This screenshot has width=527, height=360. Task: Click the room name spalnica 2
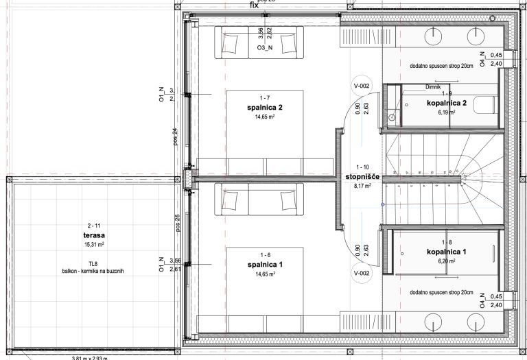[x=260, y=108]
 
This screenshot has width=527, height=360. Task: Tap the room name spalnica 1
[x=260, y=264]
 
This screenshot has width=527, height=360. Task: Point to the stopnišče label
[x=363, y=176]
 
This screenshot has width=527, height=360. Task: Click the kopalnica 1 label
[x=446, y=252]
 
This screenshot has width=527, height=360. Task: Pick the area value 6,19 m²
[x=446, y=112]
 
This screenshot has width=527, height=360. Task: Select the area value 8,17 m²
[x=363, y=185]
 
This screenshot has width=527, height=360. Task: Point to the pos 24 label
[x=174, y=138]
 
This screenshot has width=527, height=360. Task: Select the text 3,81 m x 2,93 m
[x=94, y=357]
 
